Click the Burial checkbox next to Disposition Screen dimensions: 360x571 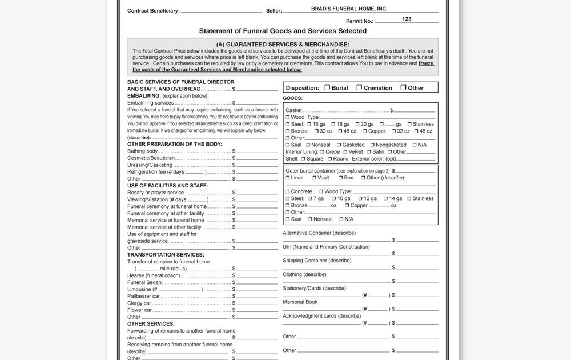[327, 87]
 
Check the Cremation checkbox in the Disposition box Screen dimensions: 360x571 [359, 87]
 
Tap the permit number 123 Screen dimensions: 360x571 [407, 19]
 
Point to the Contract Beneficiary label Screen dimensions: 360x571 [153, 11]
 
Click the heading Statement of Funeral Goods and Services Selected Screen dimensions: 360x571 [283, 31]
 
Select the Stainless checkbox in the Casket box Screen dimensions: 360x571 [409, 124]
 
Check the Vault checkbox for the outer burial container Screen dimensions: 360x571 [314, 178]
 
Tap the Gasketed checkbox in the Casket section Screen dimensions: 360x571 [339, 145]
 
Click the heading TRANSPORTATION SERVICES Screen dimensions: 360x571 [166, 255]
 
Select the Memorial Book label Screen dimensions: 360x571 [300, 302]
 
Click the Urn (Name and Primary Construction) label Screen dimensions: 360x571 [326, 247]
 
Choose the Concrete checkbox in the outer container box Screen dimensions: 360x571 [288, 191]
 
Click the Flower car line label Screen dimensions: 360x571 [139, 310]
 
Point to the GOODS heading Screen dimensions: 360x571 [292, 98]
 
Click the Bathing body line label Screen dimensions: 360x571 [143, 151]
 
